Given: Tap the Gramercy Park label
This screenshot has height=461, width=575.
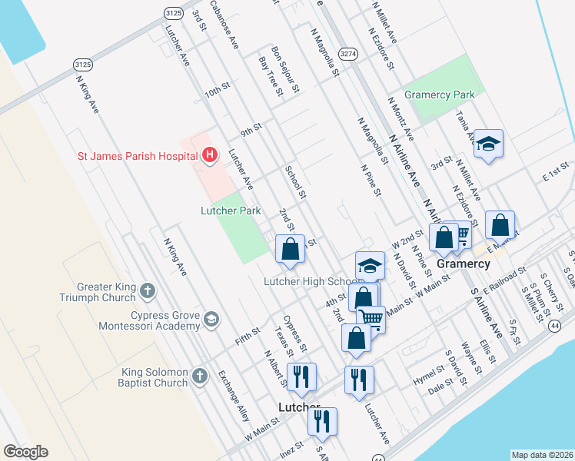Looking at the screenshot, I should pos(439,95).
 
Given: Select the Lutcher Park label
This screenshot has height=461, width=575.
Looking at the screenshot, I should pos(231,211).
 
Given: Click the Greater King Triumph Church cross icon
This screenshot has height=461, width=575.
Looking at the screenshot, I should pos(148,290).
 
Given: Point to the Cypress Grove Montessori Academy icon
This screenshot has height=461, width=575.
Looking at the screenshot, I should pos(211,319).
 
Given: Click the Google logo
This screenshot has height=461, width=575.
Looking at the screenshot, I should pos(25,452).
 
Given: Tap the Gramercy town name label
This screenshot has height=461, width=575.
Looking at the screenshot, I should pos(464,264).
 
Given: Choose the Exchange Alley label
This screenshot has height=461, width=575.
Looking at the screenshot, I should pos(233,396).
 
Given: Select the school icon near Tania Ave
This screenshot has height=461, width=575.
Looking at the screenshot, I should pos(488,144).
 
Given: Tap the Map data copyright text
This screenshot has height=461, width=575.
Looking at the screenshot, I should pos(541,455).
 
